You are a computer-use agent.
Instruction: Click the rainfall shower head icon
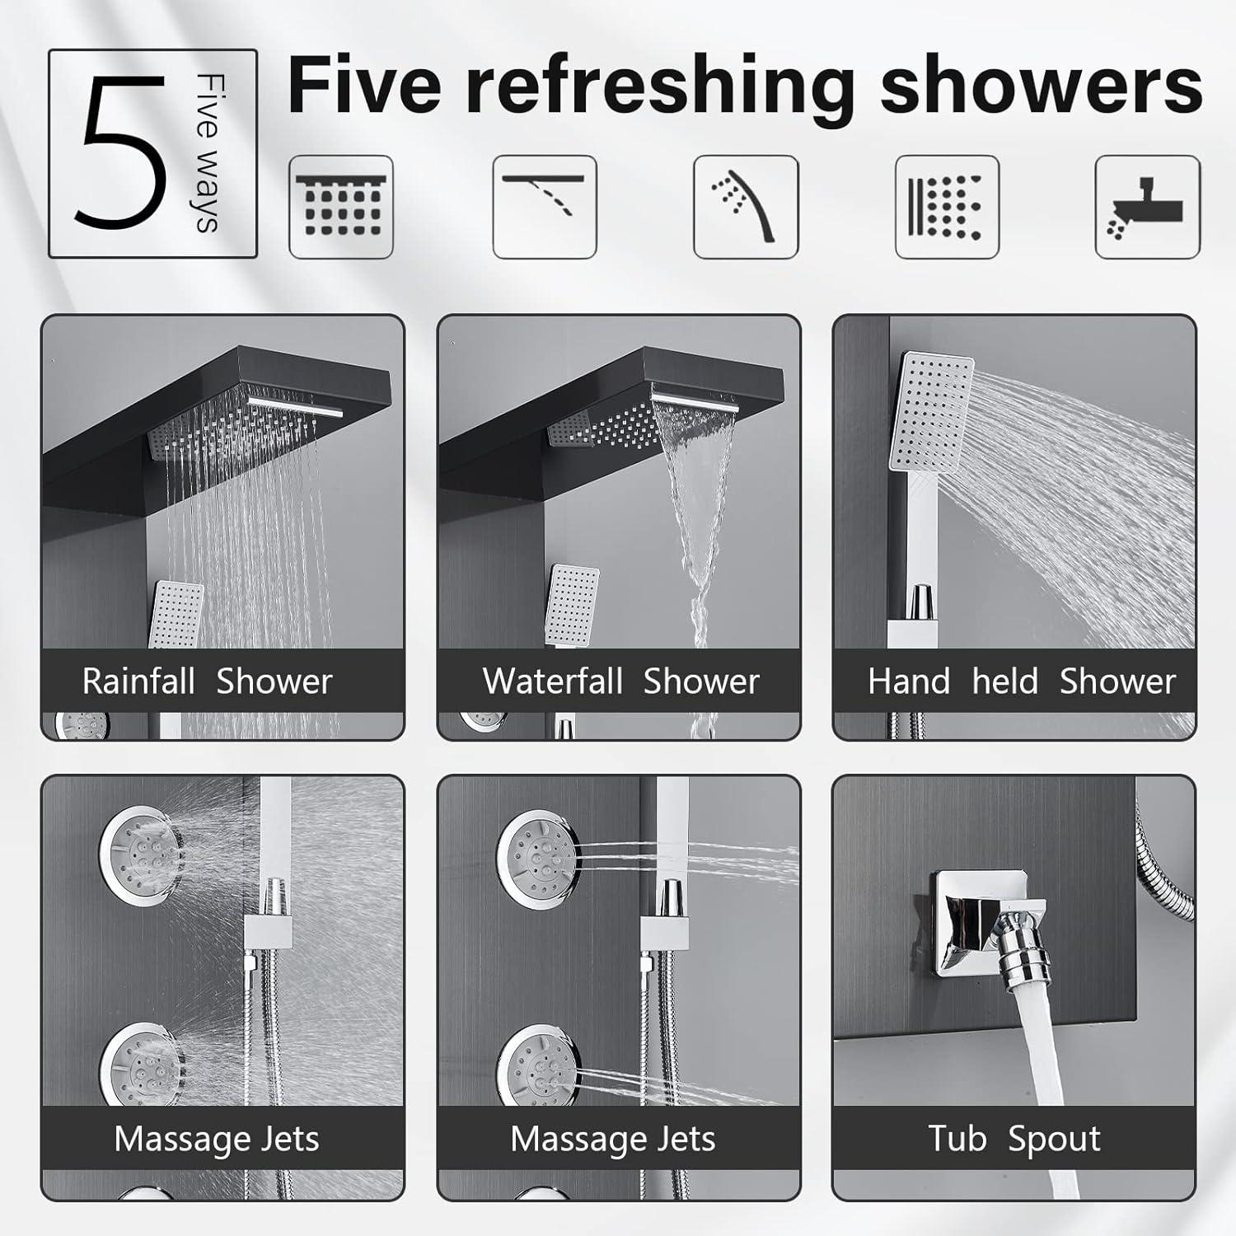tap(341, 207)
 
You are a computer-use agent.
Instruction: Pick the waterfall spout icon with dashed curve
tap(544, 207)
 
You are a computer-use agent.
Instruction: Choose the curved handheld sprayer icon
tap(746, 207)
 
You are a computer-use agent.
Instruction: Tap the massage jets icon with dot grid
tap(947, 207)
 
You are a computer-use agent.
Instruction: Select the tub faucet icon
tap(1147, 207)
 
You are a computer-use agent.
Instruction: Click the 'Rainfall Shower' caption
tap(207, 681)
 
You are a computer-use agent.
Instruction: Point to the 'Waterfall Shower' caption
tap(620, 681)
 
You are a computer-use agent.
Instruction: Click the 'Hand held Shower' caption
tap(1021, 681)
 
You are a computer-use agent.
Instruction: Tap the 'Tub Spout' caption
tap(1014, 1139)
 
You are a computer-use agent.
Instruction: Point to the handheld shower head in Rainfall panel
tap(177, 614)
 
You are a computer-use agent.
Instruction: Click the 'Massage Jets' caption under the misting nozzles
tap(216, 1139)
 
